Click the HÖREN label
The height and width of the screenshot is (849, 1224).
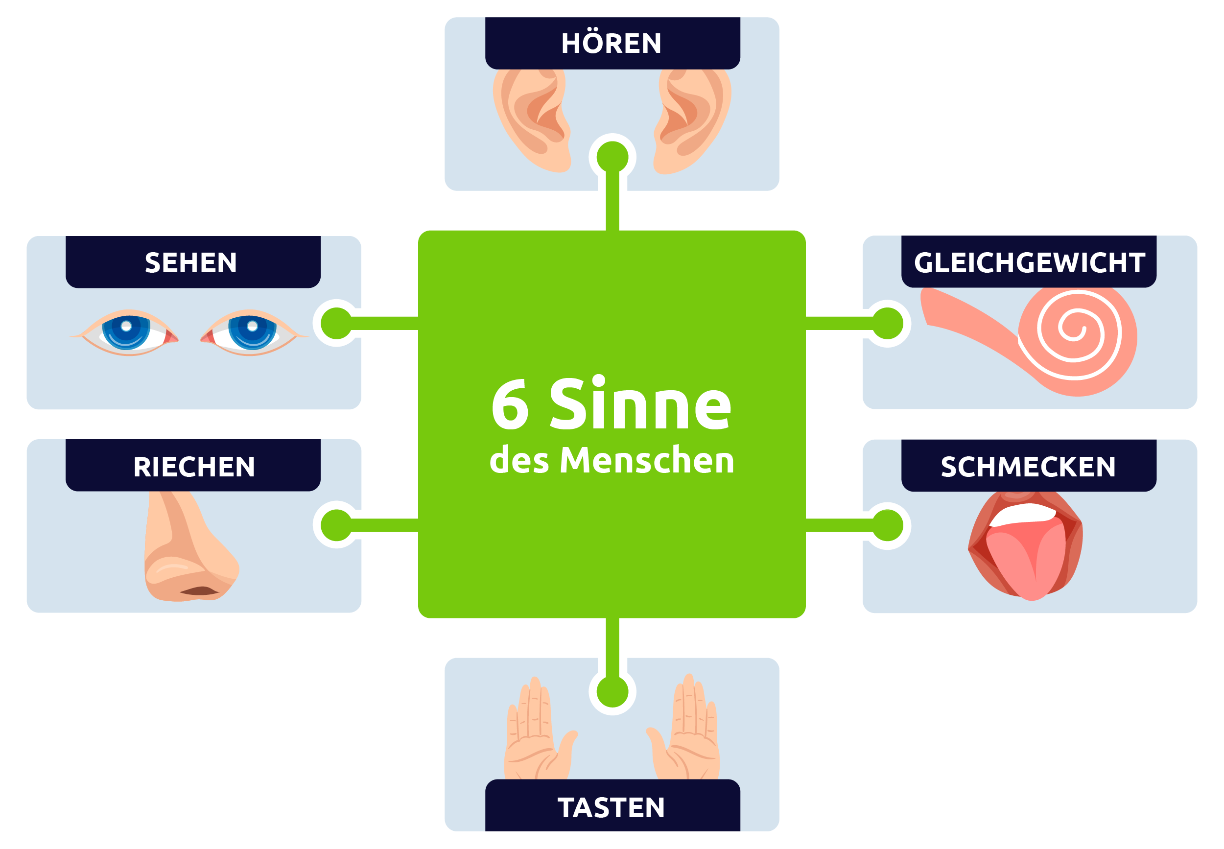coord(612,43)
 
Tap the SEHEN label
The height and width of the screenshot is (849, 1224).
coord(191,262)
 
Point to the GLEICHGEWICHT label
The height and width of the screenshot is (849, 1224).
coord(1029,262)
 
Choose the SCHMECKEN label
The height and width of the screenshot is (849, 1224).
coord(1028,466)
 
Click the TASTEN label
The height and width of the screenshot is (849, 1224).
coord(612,807)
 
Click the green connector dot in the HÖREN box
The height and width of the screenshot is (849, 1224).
coord(612,158)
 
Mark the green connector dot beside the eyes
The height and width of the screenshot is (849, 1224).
coord(337,324)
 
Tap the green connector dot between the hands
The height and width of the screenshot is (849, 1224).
coord(612,692)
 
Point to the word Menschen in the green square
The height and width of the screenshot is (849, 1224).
coord(647,460)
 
